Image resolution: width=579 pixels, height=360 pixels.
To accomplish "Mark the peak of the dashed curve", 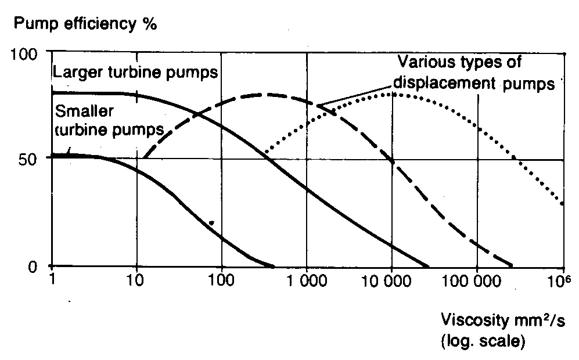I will point(264,94).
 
